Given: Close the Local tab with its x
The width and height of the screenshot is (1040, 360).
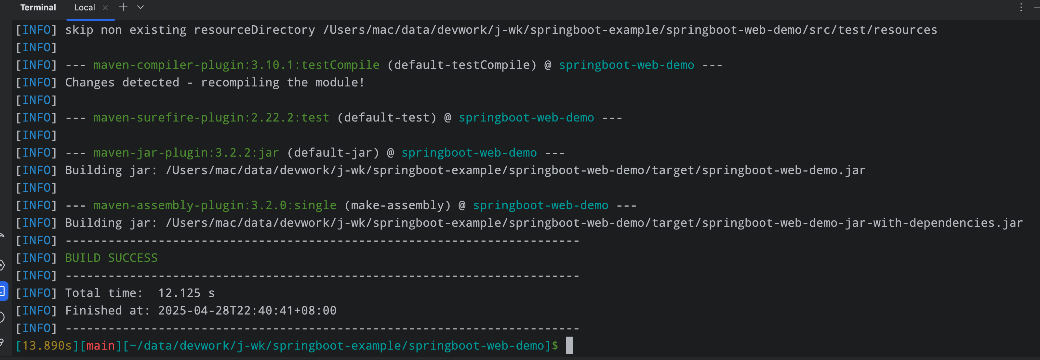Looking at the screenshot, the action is tap(105, 8).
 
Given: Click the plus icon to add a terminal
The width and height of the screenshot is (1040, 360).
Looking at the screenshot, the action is tap(123, 7).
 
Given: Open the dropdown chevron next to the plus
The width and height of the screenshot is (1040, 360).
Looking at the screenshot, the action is tap(140, 7).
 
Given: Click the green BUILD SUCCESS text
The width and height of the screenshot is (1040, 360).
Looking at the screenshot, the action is tap(111, 258).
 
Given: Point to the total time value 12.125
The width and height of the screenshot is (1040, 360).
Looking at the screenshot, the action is tap(179, 293).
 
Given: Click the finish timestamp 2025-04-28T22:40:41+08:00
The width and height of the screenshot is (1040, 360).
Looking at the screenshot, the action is tap(247, 310).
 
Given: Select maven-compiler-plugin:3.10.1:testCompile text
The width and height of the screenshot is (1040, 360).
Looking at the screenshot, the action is tap(236, 65).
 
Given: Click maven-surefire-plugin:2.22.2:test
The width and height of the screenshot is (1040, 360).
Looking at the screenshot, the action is tap(211, 117).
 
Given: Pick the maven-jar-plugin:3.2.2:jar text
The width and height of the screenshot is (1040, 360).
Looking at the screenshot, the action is tap(186, 153).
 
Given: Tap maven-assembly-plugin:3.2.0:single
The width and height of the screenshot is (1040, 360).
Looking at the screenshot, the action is tap(215, 205).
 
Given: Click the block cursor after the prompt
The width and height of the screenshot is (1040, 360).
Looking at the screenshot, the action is tap(569, 345).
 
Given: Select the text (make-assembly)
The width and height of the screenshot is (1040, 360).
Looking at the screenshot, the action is tap(397, 205).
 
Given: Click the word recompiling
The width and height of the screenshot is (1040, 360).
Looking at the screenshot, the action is tap(240, 82).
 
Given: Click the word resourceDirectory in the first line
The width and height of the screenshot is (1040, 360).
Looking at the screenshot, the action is tap(254, 30).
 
